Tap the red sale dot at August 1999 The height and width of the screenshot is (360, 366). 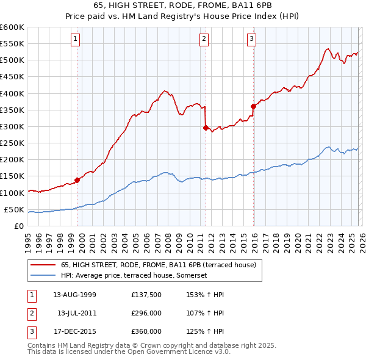(77, 180)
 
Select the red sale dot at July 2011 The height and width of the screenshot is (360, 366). (206, 128)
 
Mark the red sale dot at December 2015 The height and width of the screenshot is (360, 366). (253, 106)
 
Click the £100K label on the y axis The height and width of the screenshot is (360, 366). (12, 193)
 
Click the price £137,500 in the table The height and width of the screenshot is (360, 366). (146, 295)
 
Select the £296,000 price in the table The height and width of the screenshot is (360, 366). (146, 313)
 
